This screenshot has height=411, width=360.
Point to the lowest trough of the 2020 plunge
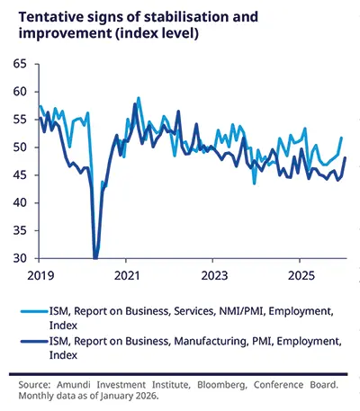96,258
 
